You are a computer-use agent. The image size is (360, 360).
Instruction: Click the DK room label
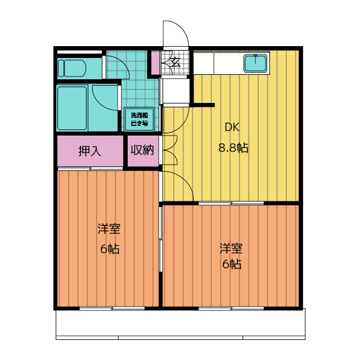point(232,127)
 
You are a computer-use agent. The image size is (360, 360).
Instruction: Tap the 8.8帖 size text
point(233,147)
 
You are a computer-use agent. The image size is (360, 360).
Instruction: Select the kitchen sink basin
point(255,63)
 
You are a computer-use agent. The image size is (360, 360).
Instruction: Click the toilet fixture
point(71,68)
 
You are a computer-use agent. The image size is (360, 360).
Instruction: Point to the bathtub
point(72,108)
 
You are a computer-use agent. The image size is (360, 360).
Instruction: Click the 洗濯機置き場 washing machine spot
point(139,119)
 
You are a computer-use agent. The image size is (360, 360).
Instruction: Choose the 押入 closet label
point(90,151)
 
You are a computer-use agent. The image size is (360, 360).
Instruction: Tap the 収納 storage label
point(142,150)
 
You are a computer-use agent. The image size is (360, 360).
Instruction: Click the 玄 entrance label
point(175,62)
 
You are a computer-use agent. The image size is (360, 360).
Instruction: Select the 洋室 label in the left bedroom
point(109,228)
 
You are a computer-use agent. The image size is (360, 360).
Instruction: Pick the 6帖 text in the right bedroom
point(232,264)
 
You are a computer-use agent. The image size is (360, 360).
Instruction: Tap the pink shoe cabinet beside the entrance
point(155,63)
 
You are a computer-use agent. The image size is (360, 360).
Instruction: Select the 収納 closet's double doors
point(170,150)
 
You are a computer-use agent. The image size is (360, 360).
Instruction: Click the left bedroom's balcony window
point(112,308)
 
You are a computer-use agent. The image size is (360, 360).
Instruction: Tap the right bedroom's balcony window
point(231,308)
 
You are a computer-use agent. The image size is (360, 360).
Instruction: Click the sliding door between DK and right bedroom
point(231,203)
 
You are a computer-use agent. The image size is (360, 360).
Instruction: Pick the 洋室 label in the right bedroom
point(231,249)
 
